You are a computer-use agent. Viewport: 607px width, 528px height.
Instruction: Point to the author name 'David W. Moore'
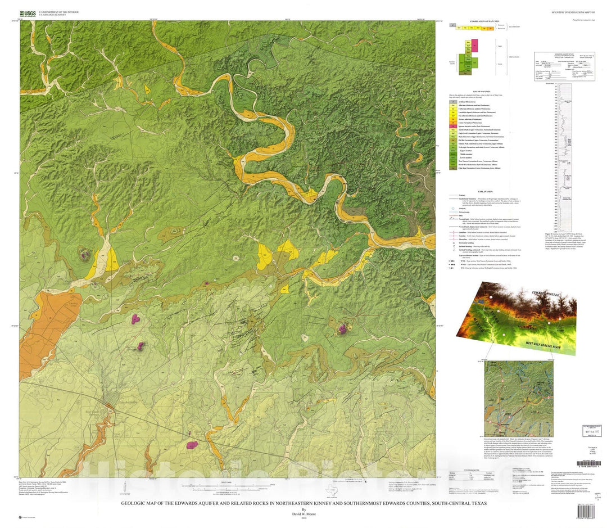(x=304, y=513)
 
